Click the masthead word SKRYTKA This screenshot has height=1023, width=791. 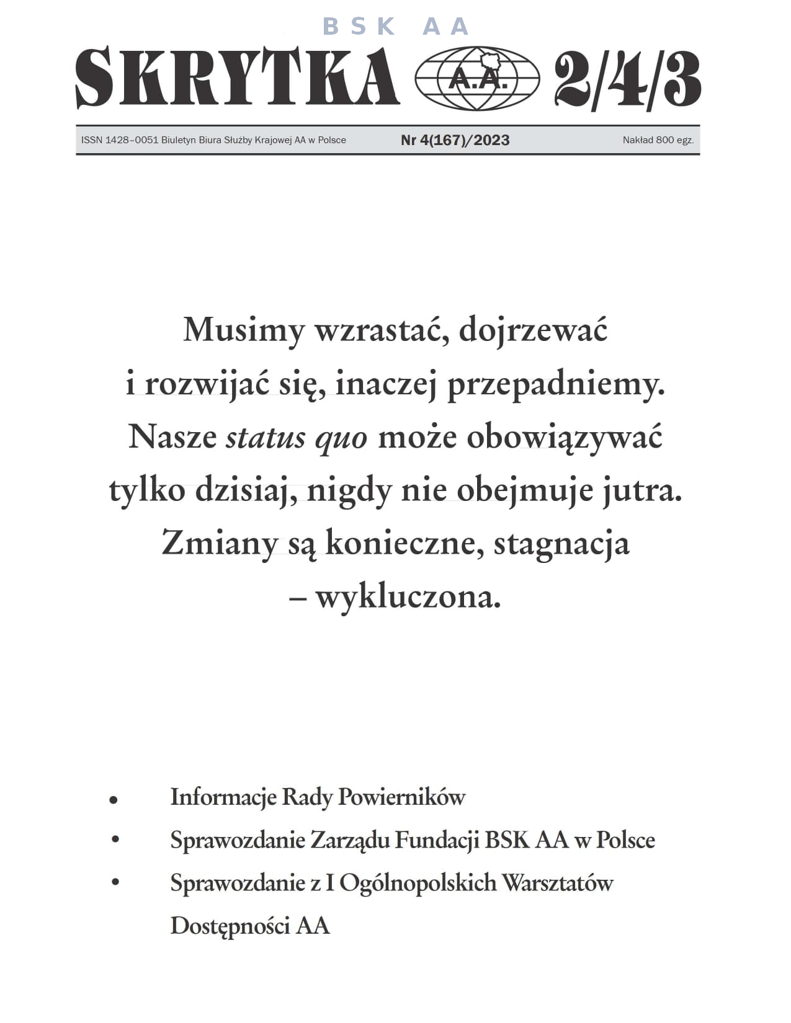[237, 77]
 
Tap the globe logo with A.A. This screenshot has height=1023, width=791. [476, 79]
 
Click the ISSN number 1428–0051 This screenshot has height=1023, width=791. [132, 140]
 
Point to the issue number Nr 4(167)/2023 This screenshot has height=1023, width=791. [455, 140]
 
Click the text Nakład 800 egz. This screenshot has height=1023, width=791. [658, 140]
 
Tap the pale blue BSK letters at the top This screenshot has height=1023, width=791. [359, 27]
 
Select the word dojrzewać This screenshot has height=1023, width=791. [533, 330]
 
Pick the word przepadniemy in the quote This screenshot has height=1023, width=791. [556, 384]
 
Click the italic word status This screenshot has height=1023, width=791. [266, 438]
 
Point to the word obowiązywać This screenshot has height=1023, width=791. [564, 438]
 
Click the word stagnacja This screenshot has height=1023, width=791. [561, 544]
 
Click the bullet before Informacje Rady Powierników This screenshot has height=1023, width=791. [114, 800]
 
